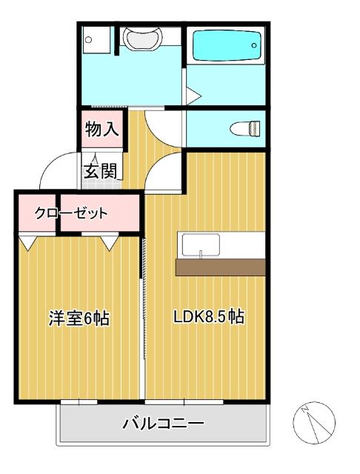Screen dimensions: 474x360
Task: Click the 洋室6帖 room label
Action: click(x=79, y=318)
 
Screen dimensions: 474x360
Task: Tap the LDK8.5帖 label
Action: click(x=209, y=318)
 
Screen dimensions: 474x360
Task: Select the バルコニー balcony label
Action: click(x=163, y=424)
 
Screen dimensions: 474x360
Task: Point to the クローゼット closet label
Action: click(x=71, y=213)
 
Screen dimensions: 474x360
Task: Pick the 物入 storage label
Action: click(x=101, y=130)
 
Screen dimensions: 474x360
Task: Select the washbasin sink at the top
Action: click(x=140, y=38)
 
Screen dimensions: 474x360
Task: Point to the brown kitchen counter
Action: click(x=221, y=267)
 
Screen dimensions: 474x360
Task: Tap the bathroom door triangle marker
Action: click(x=192, y=95)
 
